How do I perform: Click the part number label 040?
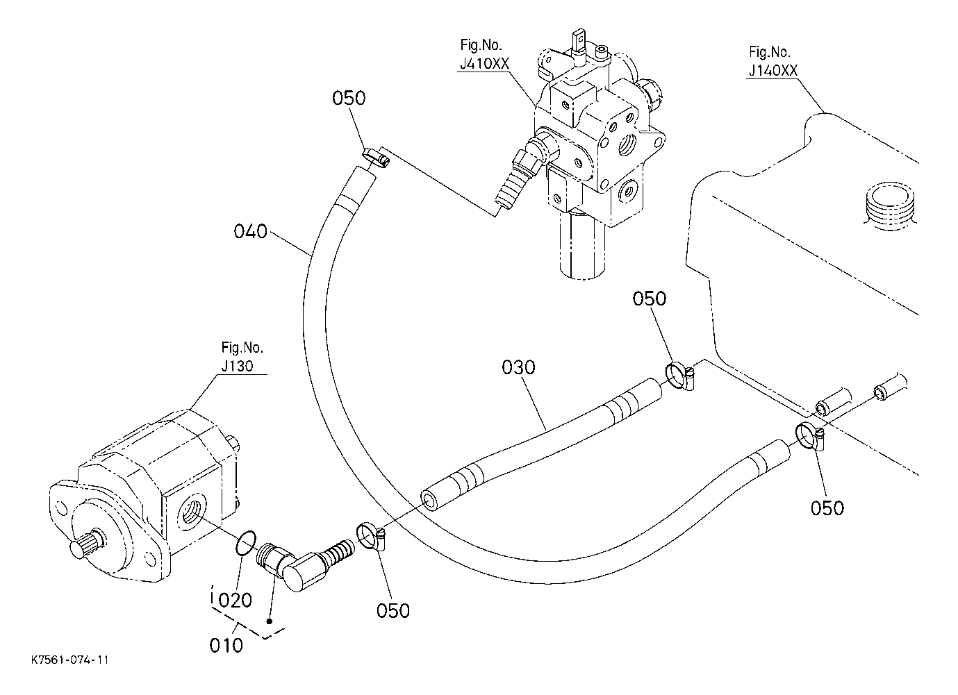(250, 231)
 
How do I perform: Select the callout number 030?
(518, 367)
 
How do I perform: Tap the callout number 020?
(235, 600)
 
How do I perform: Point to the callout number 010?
(226, 646)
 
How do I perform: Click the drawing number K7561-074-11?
(70, 660)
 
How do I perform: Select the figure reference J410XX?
(485, 64)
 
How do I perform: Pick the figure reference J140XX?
(773, 71)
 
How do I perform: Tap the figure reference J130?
(237, 366)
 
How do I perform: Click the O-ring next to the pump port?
(246, 543)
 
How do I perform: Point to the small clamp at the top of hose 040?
(377, 158)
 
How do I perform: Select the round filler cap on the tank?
(891, 206)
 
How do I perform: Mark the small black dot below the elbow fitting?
(270, 621)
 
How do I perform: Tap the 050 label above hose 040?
(349, 99)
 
